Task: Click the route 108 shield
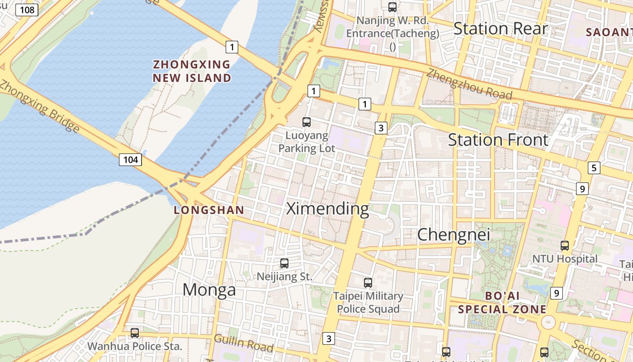[x=27, y=10]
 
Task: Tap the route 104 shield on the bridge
[x=131, y=159]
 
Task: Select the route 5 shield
[x=594, y=168]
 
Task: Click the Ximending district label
[x=328, y=209]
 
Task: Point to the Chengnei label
[x=453, y=234]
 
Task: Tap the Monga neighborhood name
[x=209, y=290]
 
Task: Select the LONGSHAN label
[x=209, y=210]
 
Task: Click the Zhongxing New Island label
[x=192, y=71]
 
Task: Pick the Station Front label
[x=498, y=140]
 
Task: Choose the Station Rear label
[x=501, y=29]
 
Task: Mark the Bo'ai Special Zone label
[x=502, y=303]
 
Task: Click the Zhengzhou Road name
[x=469, y=84]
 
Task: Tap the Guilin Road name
[x=244, y=343]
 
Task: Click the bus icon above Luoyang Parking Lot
[x=307, y=122]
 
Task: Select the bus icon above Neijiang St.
[x=284, y=263]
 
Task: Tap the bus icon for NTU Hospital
[x=565, y=246]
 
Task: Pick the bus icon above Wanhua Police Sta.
[x=134, y=333]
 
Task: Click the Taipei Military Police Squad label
[x=368, y=302]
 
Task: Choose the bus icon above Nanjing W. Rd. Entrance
[x=392, y=7]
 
